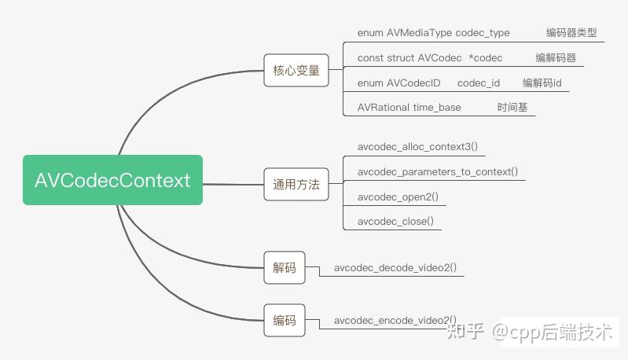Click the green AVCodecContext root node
click(112, 180)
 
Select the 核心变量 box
click(296, 71)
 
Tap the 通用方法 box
click(296, 184)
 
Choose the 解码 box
click(285, 267)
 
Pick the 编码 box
click(285, 321)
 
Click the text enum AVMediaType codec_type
click(433, 33)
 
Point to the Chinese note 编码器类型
click(571, 32)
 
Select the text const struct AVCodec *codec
click(430, 58)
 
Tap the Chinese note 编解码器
click(556, 57)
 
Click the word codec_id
click(479, 83)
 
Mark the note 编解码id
click(542, 83)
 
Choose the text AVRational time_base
click(409, 108)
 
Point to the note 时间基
click(512, 108)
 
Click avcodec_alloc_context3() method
click(417, 146)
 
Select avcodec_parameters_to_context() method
click(437, 172)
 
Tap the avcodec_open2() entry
click(398, 197)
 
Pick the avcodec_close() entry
click(395, 222)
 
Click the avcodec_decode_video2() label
click(395, 267)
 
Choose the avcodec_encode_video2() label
click(395, 321)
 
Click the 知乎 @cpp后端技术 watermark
click(530, 332)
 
